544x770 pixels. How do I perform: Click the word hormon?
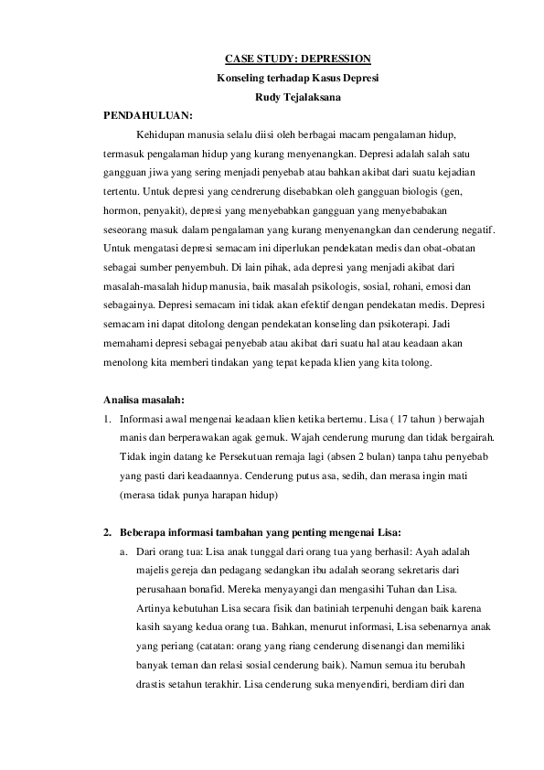(122, 209)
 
